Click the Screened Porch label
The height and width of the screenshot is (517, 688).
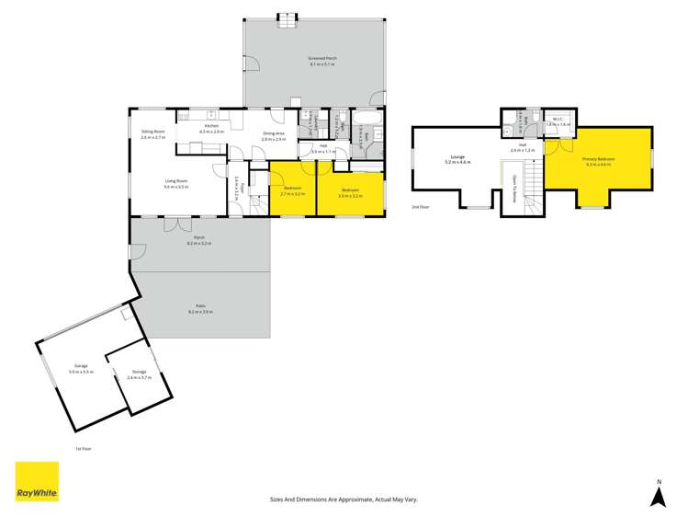(322, 58)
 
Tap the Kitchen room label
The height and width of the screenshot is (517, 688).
(210, 128)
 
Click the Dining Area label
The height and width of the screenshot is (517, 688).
(274, 134)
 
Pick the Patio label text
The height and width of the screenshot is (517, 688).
(199, 308)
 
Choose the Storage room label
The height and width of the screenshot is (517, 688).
(139, 373)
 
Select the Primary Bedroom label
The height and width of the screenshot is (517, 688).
(599, 159)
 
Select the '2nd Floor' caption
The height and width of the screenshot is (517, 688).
(421, 207)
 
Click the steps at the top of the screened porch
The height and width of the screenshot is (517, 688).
(288, 17)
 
